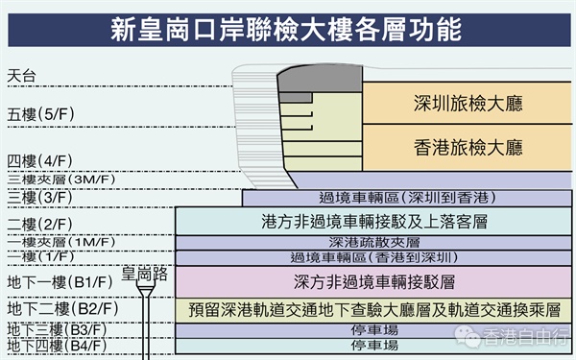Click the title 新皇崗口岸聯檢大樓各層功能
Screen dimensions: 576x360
pyautogui.click(x=286, y=30)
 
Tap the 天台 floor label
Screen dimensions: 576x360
pyautogui.click(x=22, y=76)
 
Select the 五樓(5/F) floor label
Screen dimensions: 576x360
pyautogui.click(x=40, y=114)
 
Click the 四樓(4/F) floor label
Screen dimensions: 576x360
pyautogui.click(x=40, y=161)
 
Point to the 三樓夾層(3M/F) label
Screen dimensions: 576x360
pyautogui.click(x=61, y=180)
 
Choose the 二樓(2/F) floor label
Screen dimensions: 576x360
pyautogui.click(x=40, y=224)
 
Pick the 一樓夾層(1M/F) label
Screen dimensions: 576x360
pyautogui.click(x=61, y=242)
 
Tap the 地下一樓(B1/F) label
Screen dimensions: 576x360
pyautogui.click(x=60, y=282)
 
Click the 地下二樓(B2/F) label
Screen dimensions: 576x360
pyautogui.click(x=62, y=308)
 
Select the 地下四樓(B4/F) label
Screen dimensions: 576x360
pyautogui.click(x=57, y=346)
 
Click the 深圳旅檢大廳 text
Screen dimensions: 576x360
pyautogui.click(x=468, y=104)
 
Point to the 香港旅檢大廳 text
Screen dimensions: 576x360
pyautogui.click(x=468, y=147)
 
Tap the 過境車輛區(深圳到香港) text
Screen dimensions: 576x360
pyautogui.click(x=407, y=198)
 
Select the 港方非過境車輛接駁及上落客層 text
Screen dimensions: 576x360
pyautogui.click(x=374, y=222)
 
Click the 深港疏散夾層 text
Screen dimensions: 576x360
pyautogui.click(x=374, y=243)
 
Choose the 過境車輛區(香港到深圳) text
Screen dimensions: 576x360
pyautogui.click(x=374, y=257)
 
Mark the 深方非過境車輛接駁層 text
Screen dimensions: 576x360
pyautogui.click(x=374, y=282)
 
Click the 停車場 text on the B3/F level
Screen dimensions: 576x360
pyautogui.click(x=374, y=330)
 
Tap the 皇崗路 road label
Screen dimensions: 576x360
pyautogui.click(x=144, y=274)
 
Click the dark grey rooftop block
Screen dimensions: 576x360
pyautogui.click(x=320, y=79)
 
